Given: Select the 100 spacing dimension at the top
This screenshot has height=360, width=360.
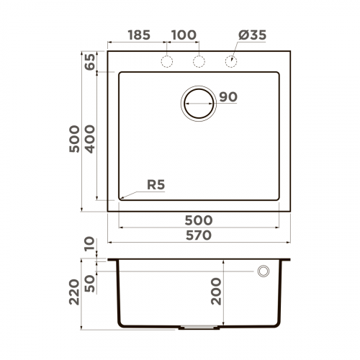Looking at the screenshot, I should click(184, 35).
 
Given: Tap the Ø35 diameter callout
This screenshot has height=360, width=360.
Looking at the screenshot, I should click(251, 35).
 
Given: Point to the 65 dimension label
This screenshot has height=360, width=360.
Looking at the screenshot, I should click(90, 62).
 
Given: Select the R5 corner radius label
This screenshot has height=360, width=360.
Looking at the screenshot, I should click(156, 185).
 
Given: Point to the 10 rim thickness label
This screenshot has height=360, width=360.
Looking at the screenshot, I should click(90, 246).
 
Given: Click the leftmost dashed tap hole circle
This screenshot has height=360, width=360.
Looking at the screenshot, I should click(167, 62).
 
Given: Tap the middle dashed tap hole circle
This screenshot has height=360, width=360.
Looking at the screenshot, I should click(199, 62).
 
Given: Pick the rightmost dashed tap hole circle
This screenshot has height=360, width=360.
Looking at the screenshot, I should click(232, 62).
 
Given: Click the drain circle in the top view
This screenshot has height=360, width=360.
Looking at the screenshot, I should click(199, 103).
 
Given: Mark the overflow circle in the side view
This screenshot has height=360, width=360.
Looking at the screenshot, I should click(264, 271).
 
